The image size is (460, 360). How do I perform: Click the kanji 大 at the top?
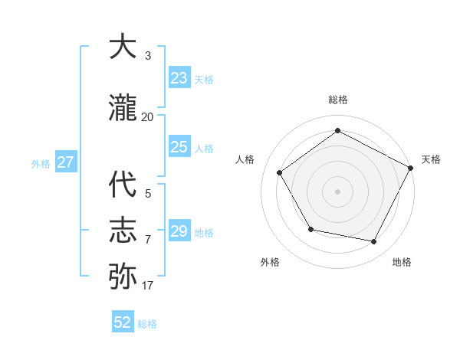click(123, 47)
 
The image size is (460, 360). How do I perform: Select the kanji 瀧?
click(123, 109)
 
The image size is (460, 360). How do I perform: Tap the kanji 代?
click(123, 185)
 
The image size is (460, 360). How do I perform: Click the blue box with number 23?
click(179, 78)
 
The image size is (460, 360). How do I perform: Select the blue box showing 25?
click(179, 147)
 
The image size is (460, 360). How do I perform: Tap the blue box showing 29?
click(179, 231)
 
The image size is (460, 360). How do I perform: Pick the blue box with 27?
click(65, 162)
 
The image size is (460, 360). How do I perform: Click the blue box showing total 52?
click(123, 322)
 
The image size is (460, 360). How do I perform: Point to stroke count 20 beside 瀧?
click(147, 117)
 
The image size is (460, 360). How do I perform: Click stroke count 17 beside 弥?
click(147, 286)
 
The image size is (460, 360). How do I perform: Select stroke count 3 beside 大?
click(147, 56)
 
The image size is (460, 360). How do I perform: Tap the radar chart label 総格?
click(337, 100)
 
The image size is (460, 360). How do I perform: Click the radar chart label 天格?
click(431, 159)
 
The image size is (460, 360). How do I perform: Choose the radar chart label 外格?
click(270, 262)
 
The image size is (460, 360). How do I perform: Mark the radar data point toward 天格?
click(411, 168)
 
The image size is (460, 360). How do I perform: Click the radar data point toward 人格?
click(280, 173)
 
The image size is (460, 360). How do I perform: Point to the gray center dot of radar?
click(337, 191)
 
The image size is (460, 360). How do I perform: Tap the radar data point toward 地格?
click(374, 242)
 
